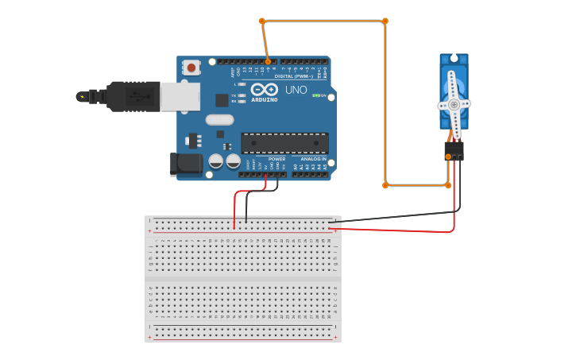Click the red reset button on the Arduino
(x=191, y=69)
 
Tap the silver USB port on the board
(x=180, y=96)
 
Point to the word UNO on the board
(x=296, y=91)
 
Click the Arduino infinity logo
(x=265, y=89)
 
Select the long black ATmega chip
(x=284, y=143)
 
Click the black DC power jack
(x=186, y=165)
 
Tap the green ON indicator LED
(x=316, y=96)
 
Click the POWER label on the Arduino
(x=276, y=159)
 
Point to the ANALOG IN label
(x=313, y=159)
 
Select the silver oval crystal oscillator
(x=219, y=120)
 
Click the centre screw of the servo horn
(x=454, y=104)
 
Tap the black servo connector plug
(x=454, y=150)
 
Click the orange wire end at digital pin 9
(x=268, y=61)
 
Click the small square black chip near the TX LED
(x=222, y=100)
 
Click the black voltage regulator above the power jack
(x=194, y=141)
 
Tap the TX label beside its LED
(x=234, y=95)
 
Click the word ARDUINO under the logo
(x=265, y=99)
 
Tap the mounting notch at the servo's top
(x=454, y=58)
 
